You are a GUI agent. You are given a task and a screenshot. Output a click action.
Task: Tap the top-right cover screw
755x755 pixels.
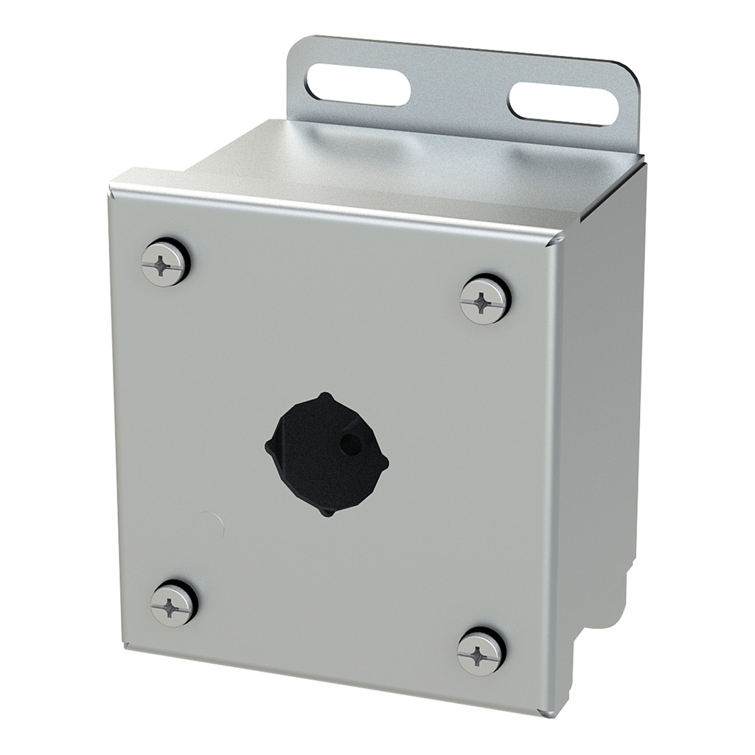(484, 299)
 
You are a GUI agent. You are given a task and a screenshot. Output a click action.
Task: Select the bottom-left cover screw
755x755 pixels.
(174, 603)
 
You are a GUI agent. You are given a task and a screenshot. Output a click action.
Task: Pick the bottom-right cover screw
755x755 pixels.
(479, 652)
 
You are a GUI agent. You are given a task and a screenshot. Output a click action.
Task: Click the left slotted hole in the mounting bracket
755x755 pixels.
(359, 83)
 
